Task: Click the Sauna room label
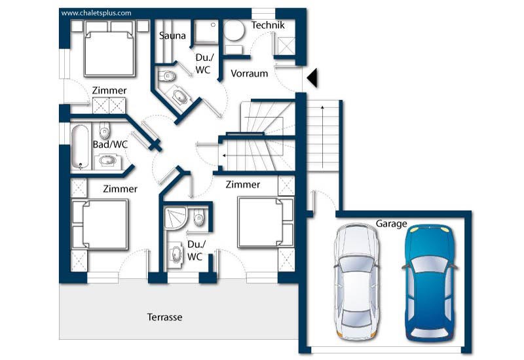(x=172, y=36)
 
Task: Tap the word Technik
(x=268, y=25)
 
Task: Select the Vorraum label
(x=250, y=73)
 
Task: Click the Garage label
(x=391, y=224)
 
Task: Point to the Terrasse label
(x=165, y=317)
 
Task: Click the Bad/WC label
(x=110, y=145)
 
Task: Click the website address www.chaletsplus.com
(x=96, y=13)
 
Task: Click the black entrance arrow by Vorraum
(x=312, y=78)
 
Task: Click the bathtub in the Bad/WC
(x=80, y=146)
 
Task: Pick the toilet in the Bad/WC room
(x=104, y=130)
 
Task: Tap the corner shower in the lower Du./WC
(x=175, y=218)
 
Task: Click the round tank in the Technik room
(x=234, y=30)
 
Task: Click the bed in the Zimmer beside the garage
(x=266, y=223)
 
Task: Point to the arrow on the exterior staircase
(x=322, y=137)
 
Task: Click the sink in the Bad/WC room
(x=107, y=161)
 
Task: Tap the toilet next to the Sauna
(x=167, y=76)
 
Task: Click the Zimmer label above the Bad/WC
(x=109, y=90)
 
